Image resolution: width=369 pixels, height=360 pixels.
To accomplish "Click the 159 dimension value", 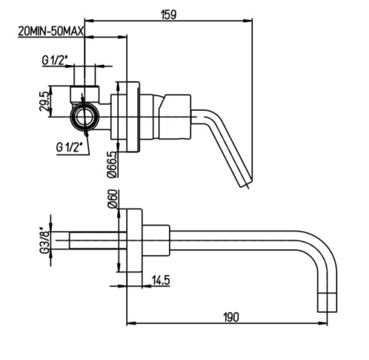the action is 169,15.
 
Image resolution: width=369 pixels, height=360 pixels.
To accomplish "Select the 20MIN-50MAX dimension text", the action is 51,32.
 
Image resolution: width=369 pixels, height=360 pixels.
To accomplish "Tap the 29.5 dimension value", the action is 44,101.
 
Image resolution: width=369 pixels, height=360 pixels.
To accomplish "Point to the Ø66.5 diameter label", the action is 112,165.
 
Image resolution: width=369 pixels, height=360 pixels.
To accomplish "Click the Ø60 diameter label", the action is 113,198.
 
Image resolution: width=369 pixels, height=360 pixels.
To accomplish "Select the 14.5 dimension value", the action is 161,280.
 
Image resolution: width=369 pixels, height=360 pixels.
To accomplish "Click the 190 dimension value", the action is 231,317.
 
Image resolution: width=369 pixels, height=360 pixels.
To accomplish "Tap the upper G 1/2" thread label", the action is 55,60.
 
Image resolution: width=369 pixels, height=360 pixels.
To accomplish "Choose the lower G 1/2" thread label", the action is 69,147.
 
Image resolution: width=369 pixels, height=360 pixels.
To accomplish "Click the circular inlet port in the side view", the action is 84,117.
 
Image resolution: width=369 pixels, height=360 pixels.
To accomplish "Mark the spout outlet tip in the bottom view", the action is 327,302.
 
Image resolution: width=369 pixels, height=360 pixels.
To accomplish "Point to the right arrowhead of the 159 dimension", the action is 248,21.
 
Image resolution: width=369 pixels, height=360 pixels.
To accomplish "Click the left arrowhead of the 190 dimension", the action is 131,323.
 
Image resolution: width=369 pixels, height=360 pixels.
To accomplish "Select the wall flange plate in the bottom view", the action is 134,240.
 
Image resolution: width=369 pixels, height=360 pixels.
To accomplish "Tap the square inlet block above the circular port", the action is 85,94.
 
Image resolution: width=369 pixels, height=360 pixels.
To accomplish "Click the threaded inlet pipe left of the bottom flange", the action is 97,240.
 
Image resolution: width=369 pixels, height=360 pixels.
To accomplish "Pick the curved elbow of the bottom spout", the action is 320,249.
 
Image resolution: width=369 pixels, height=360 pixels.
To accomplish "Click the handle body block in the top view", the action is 175,117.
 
